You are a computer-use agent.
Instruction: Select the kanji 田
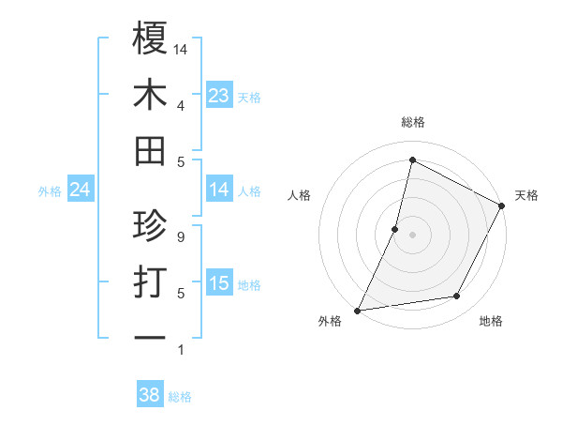point(150,151)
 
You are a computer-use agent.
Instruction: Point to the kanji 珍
point(150,226)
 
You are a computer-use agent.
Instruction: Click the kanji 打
point(150,282)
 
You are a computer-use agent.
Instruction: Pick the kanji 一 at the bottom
point(150,337)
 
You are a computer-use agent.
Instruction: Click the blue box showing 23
point(219,96)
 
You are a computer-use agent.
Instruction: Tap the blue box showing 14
point(219,190)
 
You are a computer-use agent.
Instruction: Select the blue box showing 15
point(219,283)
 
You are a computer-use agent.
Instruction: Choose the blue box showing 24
point(81,190)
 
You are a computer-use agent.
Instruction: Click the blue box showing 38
point(150,395)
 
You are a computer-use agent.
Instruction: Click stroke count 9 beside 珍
point(180,237)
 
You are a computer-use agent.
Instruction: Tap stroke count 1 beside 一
point(180,350)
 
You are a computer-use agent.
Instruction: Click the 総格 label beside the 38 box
point(180,397)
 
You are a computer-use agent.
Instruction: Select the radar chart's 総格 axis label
point(412,123)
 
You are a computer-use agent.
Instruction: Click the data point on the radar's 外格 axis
point(357,310)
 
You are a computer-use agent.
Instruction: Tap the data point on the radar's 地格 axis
point(457,297)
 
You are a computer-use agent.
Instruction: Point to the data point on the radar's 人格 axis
point(395,229)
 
